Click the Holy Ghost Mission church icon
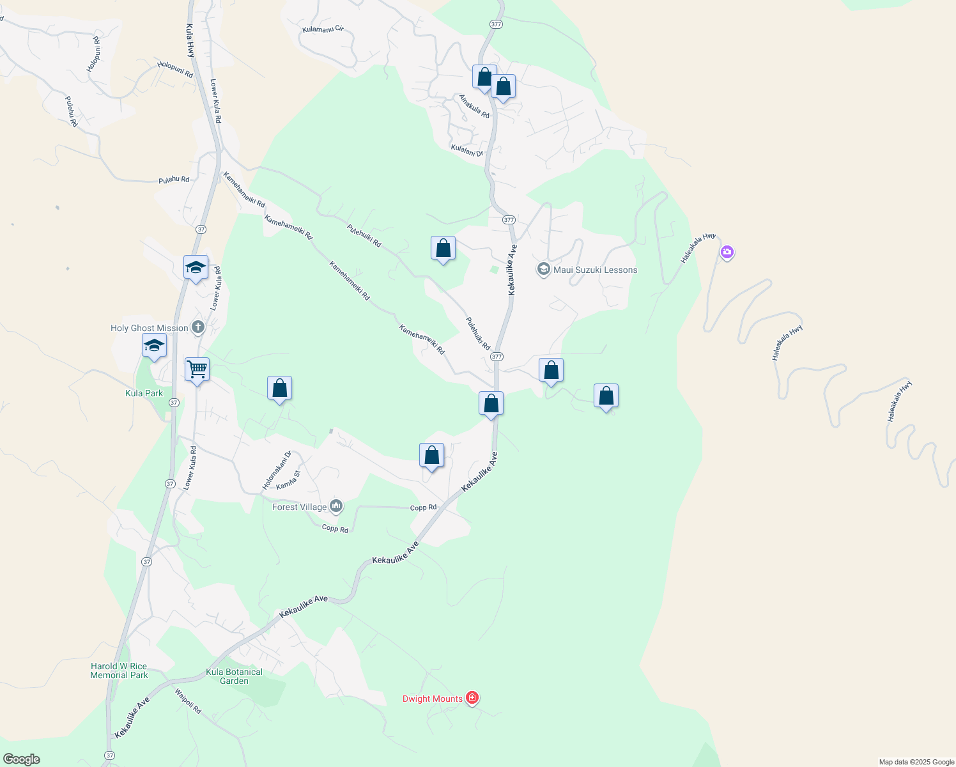(198, 328)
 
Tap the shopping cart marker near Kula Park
(197, 369)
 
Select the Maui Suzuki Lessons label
(595, 270)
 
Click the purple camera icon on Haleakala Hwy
(727, 252)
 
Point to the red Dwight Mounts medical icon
(472, 698)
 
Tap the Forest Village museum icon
(336, 507)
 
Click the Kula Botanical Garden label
(235, 676)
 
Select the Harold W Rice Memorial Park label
(119, 670)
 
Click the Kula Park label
(144, 393)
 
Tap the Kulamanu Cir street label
(323, 29)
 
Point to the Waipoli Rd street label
(188, 701)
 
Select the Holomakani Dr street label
(277, 470)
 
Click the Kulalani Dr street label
(467, 150)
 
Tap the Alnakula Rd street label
(474, 106)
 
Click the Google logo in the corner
(21, 759)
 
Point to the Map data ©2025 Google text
(916, 762)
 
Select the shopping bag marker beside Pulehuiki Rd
(443, 248)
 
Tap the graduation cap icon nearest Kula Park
(154, 346)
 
